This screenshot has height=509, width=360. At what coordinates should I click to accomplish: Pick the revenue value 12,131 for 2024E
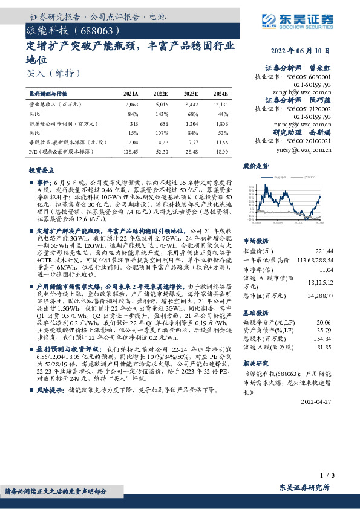point(220,105)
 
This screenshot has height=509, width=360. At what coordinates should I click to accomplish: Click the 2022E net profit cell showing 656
point(162,122)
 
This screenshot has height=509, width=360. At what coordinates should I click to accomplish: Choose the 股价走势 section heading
point(257,165)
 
